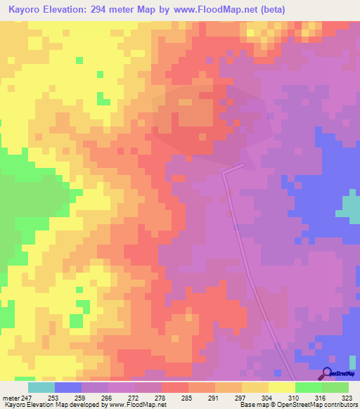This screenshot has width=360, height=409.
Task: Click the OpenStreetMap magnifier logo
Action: [x=328, y=373]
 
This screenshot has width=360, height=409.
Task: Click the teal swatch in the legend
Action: [x=41, y=387]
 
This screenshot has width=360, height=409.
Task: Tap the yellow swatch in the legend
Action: [x=281, y=387]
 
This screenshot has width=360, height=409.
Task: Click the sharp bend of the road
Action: [x=224, y=171]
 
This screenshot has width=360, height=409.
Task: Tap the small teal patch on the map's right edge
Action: [x=349, y=207]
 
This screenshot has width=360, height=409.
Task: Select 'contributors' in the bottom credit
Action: [x=340, y=405]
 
